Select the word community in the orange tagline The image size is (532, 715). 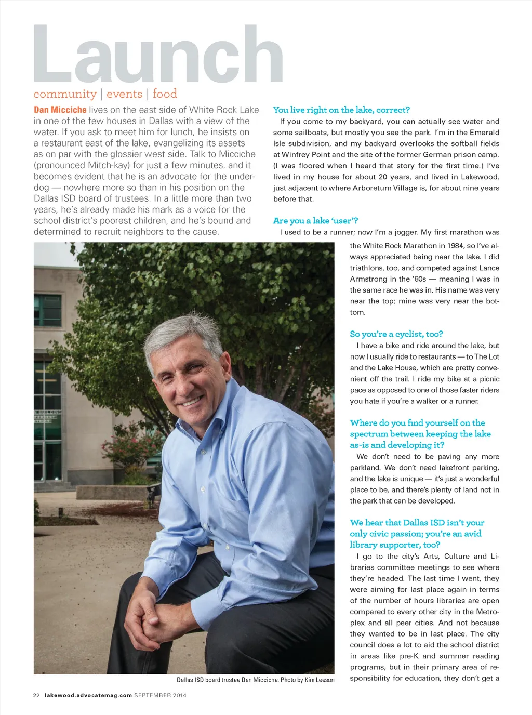click(x=65, y=94)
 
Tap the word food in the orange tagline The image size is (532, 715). click(x=165, y=94)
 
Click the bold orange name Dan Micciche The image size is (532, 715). click(x=60, y=110)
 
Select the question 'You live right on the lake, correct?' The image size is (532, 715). click(x=341, y=110)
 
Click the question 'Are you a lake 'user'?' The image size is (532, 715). click(x=315, y=221)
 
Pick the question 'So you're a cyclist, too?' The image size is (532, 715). click(x=396, y=334)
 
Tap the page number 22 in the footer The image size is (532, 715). click(x=36, y=695)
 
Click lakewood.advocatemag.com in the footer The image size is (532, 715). click(x=88, y=695)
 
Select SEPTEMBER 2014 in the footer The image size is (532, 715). click(x=160, y=695)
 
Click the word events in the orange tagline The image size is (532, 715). click(x=124, y=94)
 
